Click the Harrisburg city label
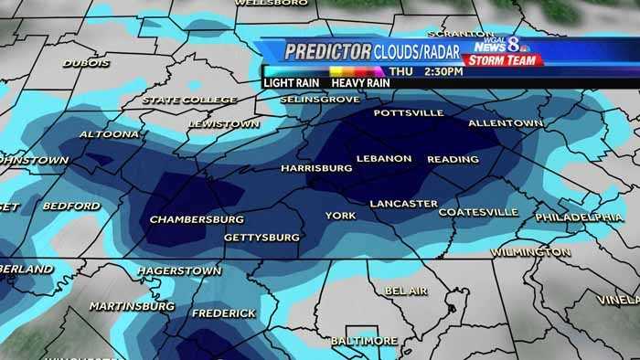(x=316, y=169)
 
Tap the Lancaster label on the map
(x=403, y=204)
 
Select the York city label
(x=340, y=216)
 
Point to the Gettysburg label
(x=261, y=238)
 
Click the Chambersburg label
(x=196, y=219)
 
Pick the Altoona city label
(x=109, y=134)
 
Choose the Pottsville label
(x=408, y=113)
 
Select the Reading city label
(x=453, y=159)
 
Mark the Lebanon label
(x=384, y=158)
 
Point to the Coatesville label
(x=478, y=212)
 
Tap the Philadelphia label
(x=579, y=217)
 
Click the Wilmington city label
(x=530, y=251)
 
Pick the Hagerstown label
(x=179, y=271)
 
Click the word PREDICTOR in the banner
(x=326, y=52)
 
